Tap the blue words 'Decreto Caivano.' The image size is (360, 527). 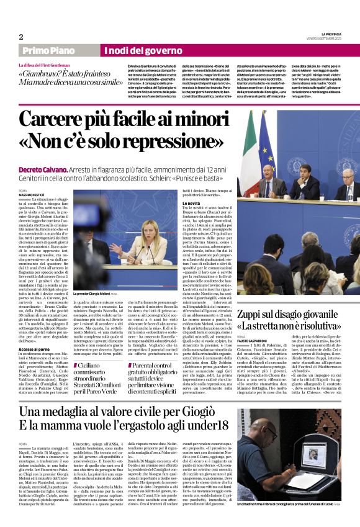40,168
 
